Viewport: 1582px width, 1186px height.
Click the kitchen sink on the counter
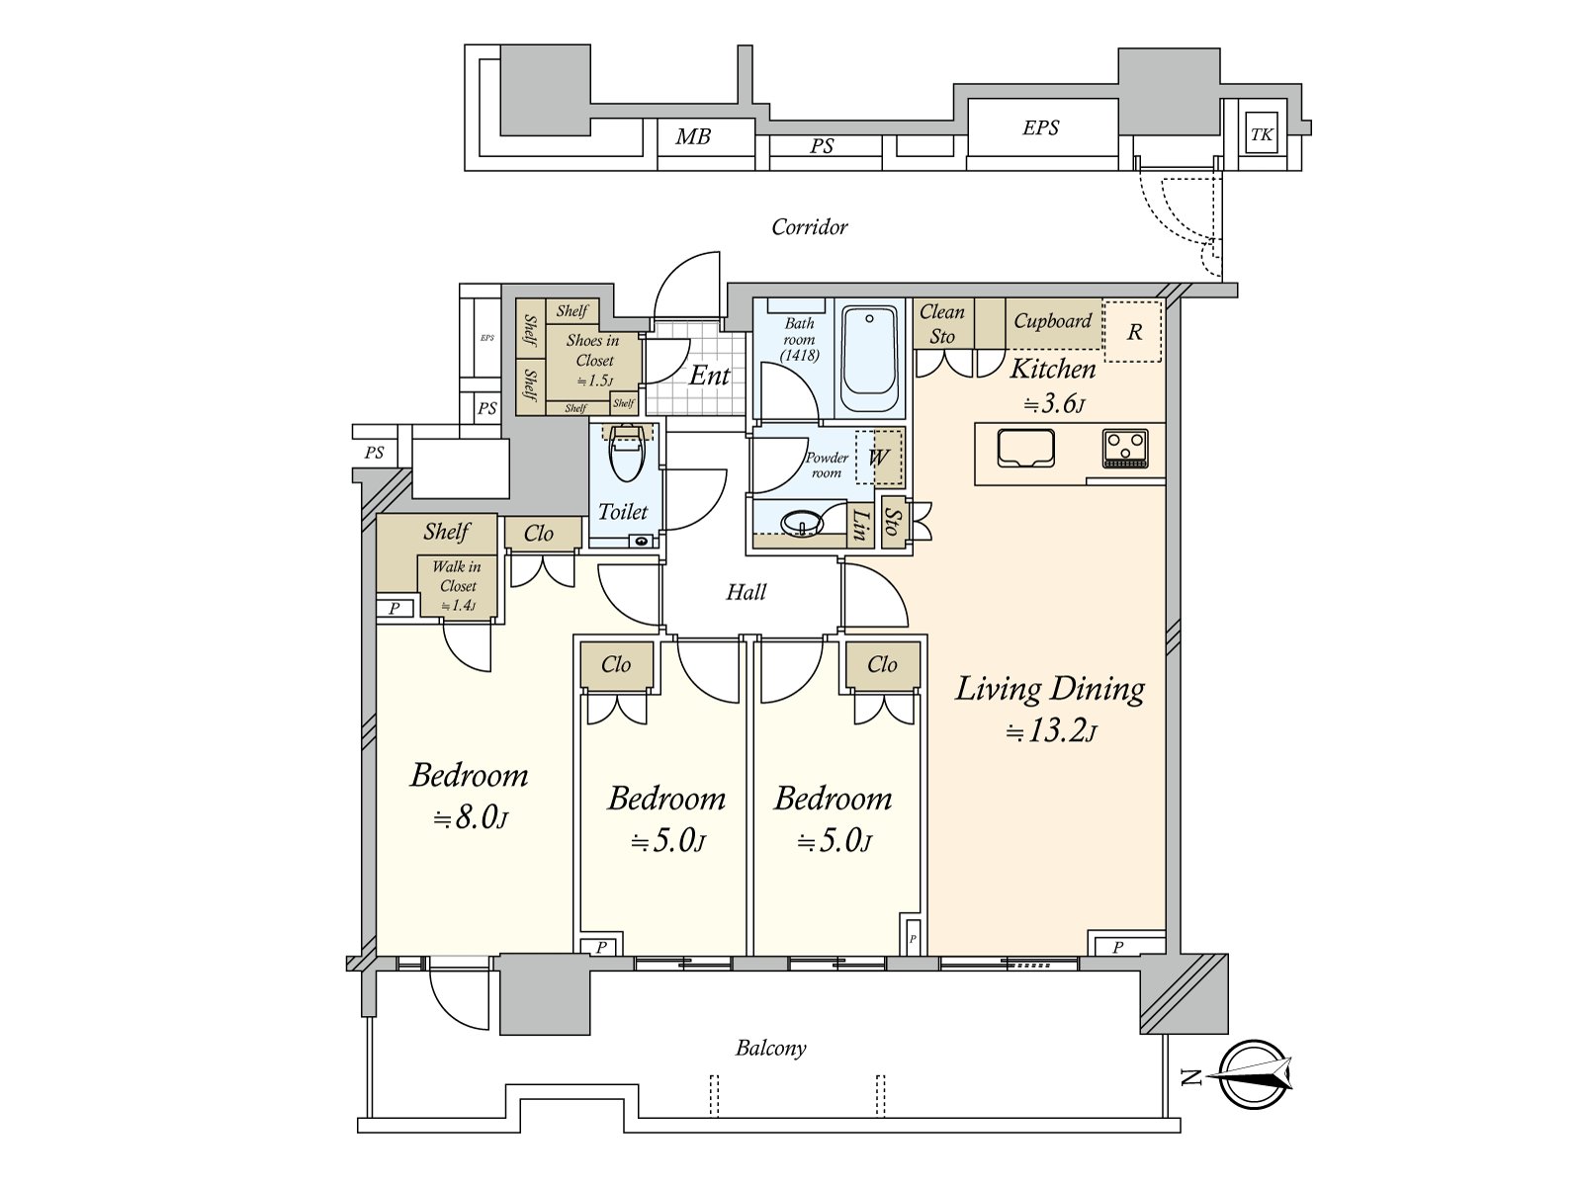[x=1025, y=449]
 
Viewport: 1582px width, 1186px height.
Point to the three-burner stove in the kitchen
[x=1125, y=448]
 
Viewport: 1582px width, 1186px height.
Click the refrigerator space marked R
[x=1133, y=332]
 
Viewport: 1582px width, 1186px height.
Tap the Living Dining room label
[x=1050, y=689]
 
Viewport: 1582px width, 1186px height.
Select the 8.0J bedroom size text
[x=471, y=819]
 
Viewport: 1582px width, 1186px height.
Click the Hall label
[x=746, y=592]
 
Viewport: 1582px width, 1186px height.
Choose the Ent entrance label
[x=709, y=376]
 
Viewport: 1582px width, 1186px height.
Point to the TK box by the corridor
[x=1261, y=135]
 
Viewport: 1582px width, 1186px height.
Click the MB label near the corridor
[x=692, y=137]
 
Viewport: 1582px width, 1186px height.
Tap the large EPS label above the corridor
[x=1040, y=127]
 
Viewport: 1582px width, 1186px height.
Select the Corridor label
[x=809, y=227]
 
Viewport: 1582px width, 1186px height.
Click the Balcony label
[x=770, y=1048]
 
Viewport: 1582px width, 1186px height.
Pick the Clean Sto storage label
[x=941, y=324]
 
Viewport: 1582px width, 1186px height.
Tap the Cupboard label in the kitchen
[x=1052, y=321]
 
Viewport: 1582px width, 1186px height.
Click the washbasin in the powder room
[x=802, y=522]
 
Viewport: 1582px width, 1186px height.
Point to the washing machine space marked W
[x=878, y=458]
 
